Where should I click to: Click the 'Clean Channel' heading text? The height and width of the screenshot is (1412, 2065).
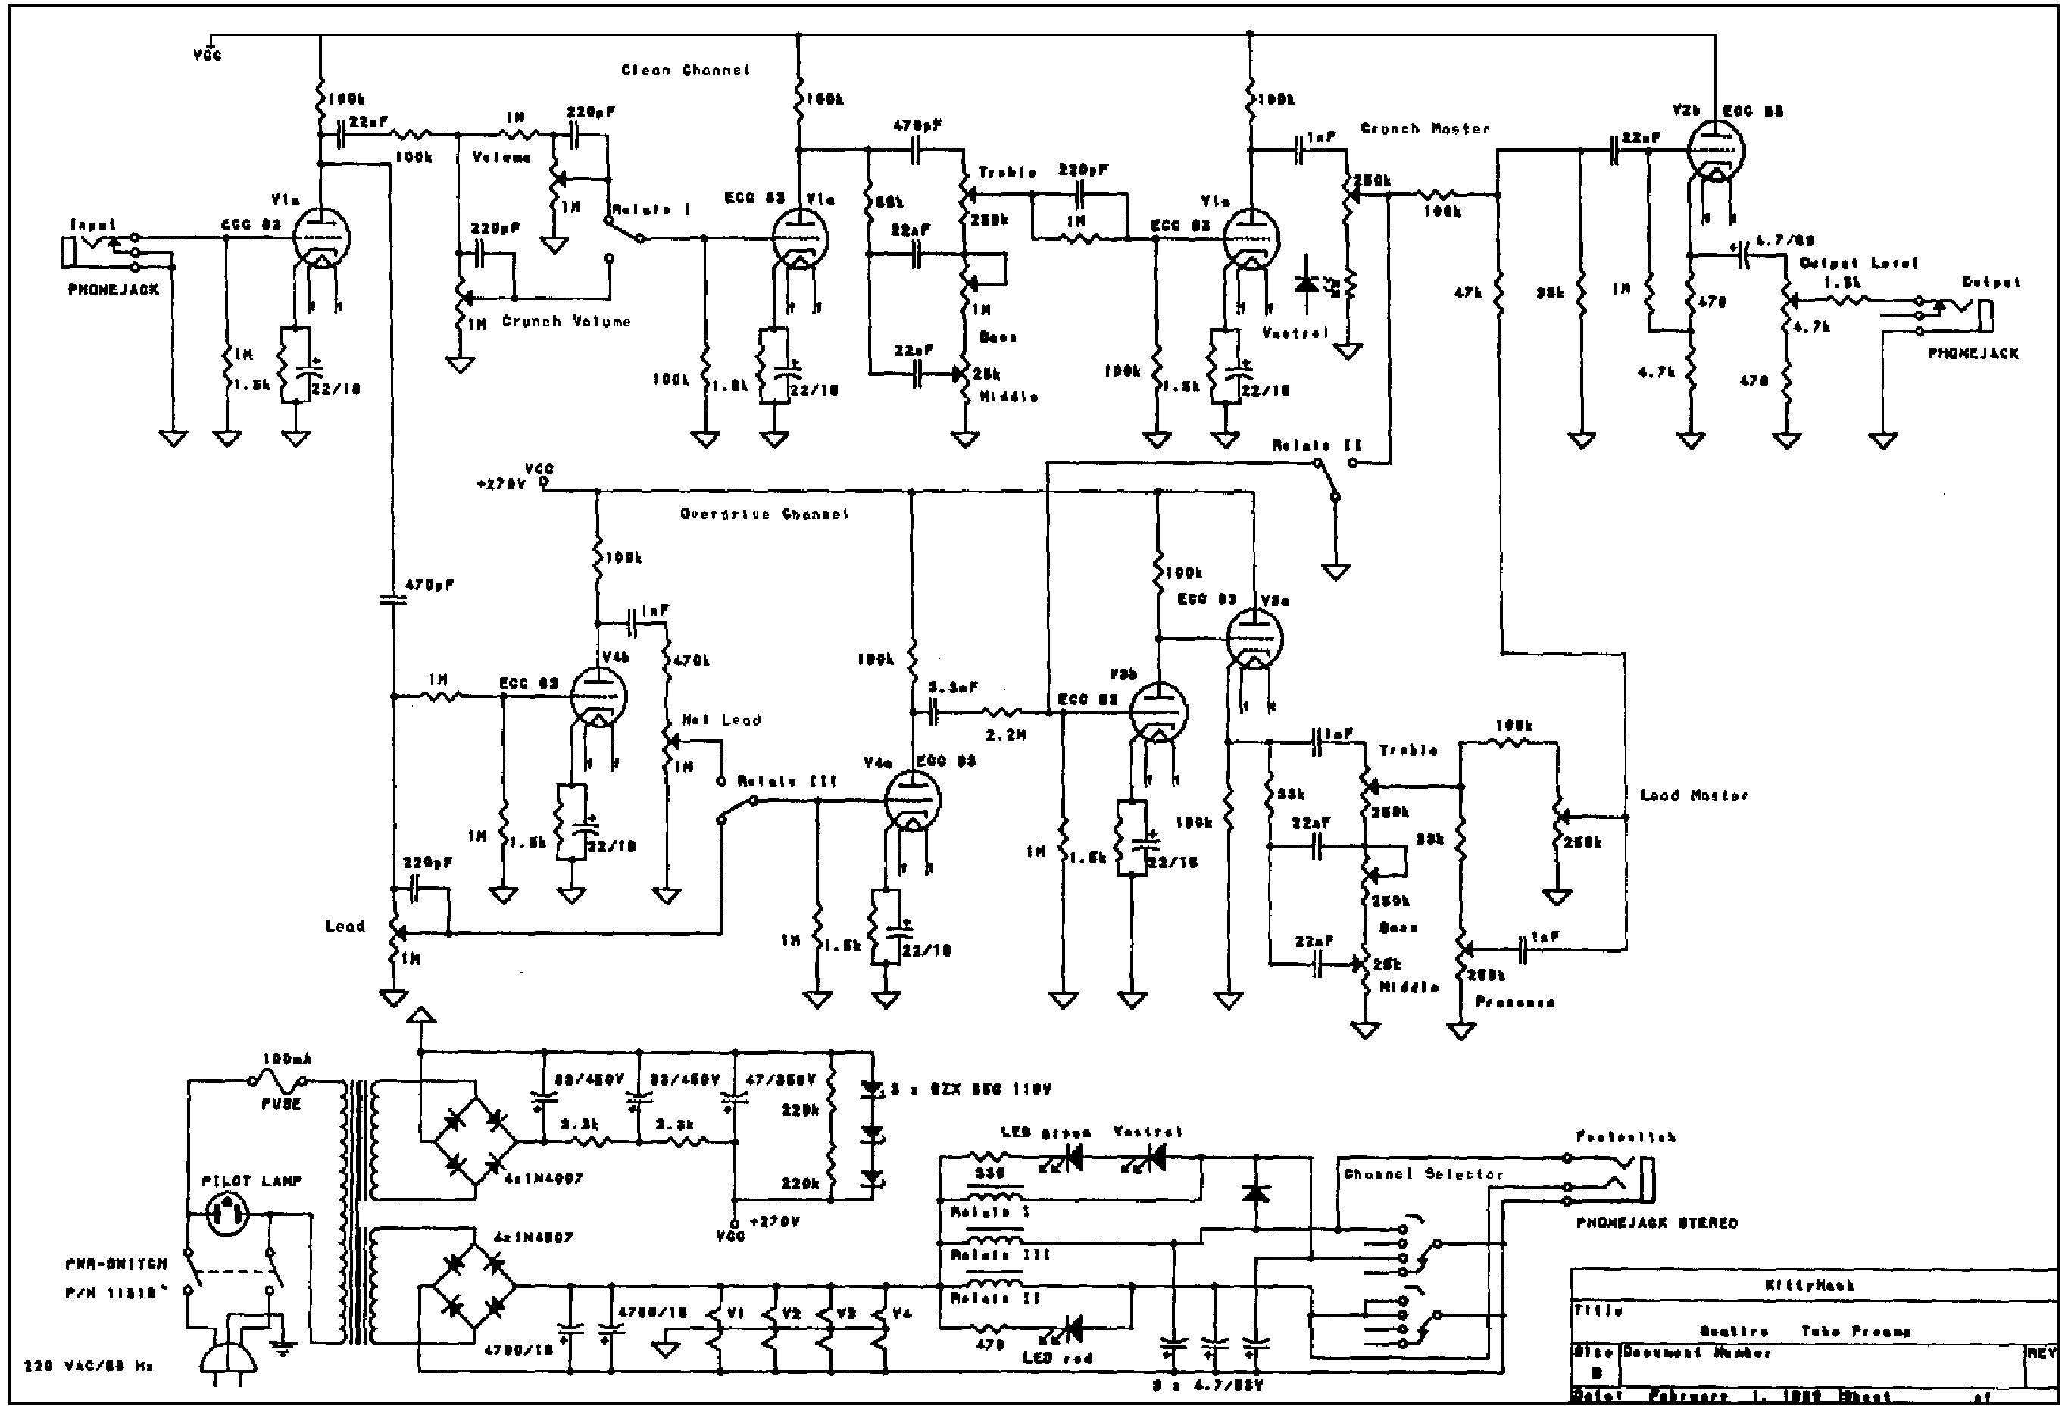point(685,70)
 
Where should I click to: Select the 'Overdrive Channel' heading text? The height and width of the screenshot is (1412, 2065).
point(764,514)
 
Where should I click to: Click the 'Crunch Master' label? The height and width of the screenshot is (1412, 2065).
point(1425,129)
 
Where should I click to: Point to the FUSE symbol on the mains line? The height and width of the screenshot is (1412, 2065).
point(277,1082)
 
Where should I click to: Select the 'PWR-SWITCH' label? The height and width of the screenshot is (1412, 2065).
point(115,1264)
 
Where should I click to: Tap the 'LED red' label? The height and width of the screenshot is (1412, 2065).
point(1057,1357)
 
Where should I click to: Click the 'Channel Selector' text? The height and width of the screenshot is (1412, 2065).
point(1423,1174)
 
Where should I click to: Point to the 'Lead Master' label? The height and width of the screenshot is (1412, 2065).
point(1694,795)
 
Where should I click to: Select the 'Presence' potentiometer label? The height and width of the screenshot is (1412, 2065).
point(1515,1002)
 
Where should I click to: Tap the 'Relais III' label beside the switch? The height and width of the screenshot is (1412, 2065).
point(787,781)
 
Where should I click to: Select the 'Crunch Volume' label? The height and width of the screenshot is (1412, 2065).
point(566,322)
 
